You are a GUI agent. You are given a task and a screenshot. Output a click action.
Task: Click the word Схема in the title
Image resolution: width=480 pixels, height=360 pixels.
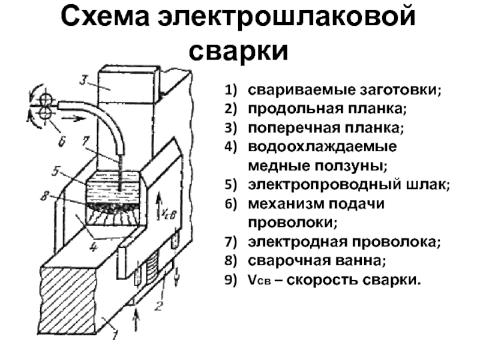click(x=105, y=17)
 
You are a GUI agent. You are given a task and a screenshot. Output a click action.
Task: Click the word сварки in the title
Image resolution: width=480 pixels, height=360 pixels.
click(x=238, y=50)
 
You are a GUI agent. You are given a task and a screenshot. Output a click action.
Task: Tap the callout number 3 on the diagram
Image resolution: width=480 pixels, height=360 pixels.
click(x=84, y=80)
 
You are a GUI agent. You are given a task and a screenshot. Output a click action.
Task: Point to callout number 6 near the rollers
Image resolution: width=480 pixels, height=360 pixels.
click(x=62, y=141)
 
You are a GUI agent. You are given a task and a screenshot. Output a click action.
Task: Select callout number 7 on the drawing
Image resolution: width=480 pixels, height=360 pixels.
click(x=85, y=141)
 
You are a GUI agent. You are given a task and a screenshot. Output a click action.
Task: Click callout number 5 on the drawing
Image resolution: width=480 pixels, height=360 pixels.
click(x=55, y=171)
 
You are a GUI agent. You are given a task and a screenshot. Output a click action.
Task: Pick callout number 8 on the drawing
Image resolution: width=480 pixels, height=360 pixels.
click(x=45, y=196)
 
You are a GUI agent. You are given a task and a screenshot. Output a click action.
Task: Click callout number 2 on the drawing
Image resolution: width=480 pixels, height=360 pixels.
click(x=158, y=305)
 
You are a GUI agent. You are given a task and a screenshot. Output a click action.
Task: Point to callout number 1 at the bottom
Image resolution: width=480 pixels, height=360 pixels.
click(x=114, y=334)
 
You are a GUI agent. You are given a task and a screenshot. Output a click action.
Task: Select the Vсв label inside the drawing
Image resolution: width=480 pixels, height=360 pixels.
click(x=169, y=214)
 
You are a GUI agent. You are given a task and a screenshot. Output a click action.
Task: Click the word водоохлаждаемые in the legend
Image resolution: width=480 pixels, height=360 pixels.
click(x=322, y=147)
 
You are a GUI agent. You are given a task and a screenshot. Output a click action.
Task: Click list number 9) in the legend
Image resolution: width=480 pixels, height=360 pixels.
click(x=231, y=280)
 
